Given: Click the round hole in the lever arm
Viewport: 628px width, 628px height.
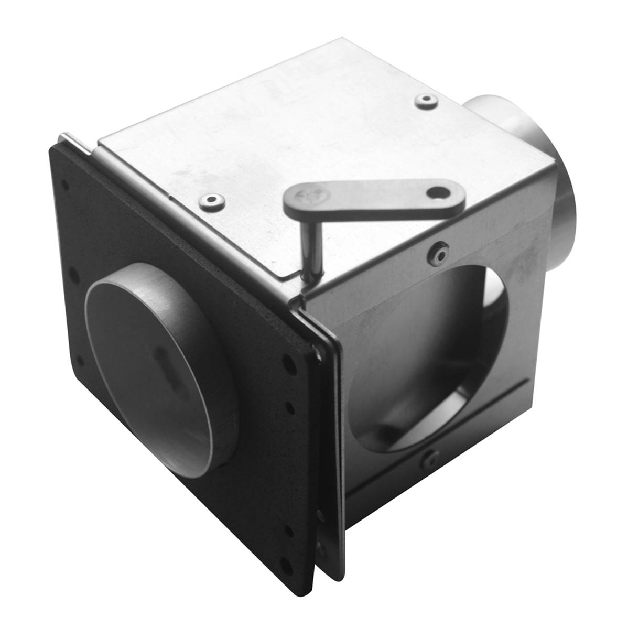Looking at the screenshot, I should coord(434,194).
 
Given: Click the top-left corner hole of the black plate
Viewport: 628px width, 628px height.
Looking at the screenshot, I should coord(65,185).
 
